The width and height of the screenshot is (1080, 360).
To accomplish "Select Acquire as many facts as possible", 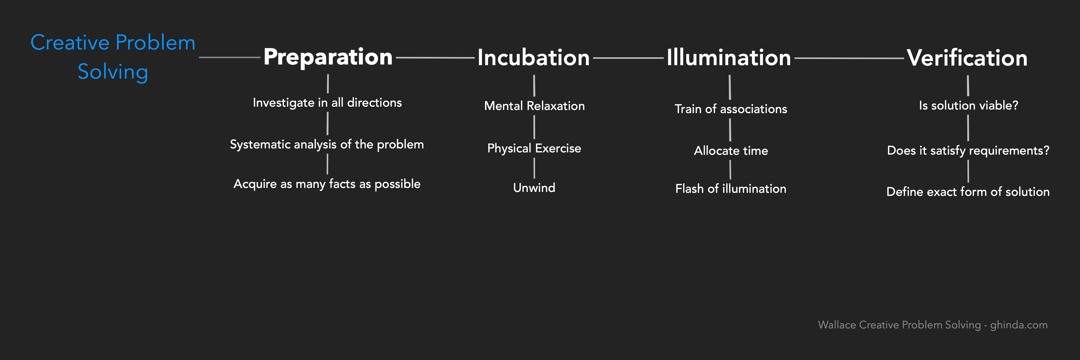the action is tap(327, 184).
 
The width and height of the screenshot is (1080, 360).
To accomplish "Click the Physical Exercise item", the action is tap(534, 148).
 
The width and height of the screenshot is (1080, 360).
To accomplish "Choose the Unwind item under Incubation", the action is tap(534, 188).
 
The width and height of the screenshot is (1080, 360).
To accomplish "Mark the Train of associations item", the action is tap(731, 109).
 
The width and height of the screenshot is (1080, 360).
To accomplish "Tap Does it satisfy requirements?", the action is tap(968, 150).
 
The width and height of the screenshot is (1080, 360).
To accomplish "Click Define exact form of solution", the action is tap(968, 192).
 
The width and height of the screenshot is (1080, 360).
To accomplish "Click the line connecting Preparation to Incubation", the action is tap(435, 57).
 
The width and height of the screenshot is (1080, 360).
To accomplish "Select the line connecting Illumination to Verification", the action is tap(849, 58).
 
